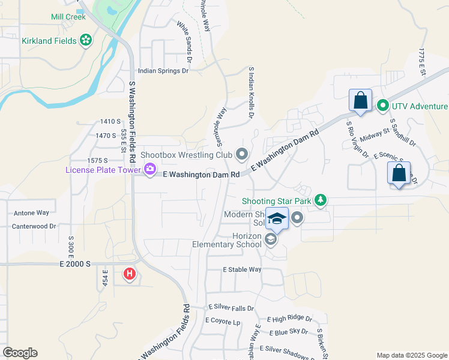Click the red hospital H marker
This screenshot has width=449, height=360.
129,275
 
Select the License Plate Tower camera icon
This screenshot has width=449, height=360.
149,170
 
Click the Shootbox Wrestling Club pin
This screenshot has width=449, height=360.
242,155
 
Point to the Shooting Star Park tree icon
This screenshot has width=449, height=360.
321,200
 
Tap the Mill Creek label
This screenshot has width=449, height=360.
68,17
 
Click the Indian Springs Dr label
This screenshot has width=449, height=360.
163,71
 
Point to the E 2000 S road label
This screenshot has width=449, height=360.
75,263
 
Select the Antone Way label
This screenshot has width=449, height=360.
31,212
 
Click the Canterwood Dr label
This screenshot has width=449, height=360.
34,227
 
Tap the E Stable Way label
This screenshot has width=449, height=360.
242,269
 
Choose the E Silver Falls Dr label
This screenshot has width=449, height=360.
231,308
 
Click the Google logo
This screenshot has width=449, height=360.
20,353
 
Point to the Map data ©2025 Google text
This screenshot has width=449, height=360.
411,355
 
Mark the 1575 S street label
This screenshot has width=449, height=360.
97,161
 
